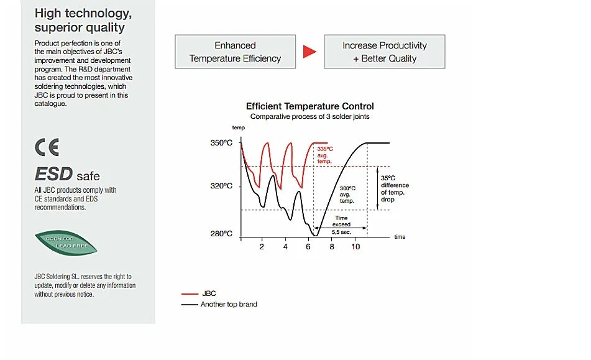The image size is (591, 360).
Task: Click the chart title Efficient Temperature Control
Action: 309,106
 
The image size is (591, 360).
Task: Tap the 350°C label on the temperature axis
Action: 221,143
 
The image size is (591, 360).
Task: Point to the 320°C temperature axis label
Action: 221,186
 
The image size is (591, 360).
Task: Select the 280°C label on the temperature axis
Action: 221,234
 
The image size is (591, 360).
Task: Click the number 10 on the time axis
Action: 355,247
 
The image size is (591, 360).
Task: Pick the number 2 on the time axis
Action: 262,247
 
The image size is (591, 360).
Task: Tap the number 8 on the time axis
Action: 332,247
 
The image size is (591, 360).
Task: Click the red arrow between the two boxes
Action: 309,52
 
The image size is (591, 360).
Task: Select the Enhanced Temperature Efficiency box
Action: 235,52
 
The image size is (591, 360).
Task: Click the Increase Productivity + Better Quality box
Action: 385,52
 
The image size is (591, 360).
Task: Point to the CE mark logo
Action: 47,147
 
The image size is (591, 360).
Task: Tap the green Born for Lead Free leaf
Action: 66,242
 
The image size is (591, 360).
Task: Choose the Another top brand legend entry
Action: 228,304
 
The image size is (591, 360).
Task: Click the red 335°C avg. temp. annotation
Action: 325,155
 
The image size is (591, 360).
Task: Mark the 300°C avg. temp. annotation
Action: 347,195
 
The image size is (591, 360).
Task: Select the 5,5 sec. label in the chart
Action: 341,231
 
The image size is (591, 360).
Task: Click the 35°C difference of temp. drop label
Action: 395,188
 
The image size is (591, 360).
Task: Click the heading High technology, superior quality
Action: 83,21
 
